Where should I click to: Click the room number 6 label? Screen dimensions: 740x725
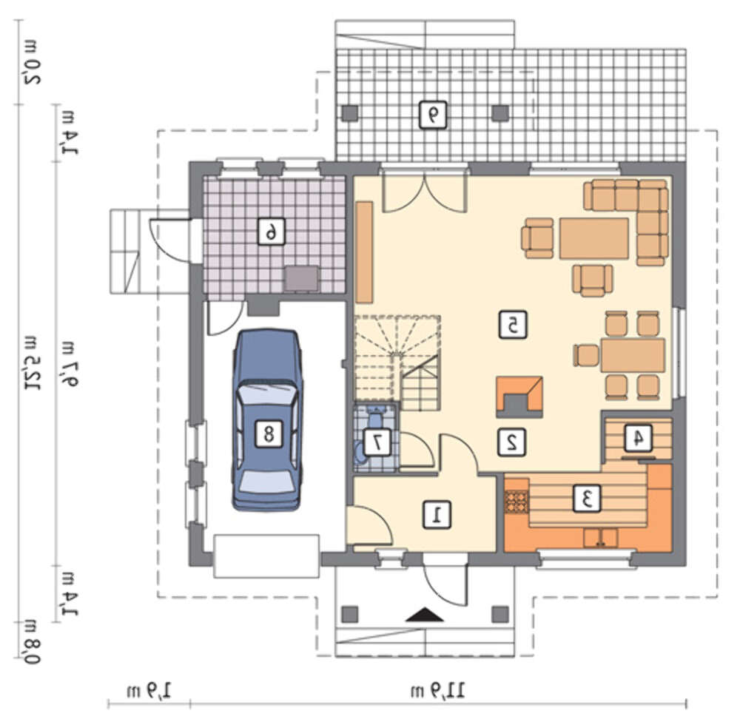click(x=272, y=231)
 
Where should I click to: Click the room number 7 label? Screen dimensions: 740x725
click(x=377, y=442)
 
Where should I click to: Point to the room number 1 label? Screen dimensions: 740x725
click(x=437, y=513)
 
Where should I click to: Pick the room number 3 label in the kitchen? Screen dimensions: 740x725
click(x=587, y=498)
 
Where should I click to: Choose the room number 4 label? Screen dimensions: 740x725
click(x=638, y=438)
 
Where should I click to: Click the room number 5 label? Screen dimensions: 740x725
click(x=513, y=325)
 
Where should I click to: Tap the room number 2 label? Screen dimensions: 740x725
click(x=512, y=442)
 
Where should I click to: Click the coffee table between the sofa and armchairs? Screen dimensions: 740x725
click(x=594, y=238)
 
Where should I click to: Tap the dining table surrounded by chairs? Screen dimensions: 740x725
click(x=633, y=354)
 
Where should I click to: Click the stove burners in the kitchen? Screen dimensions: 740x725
click(x=517, y=502)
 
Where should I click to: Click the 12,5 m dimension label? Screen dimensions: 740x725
click(x=31, y=363)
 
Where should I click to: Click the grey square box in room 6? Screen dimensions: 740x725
click(x=301, y=278)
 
